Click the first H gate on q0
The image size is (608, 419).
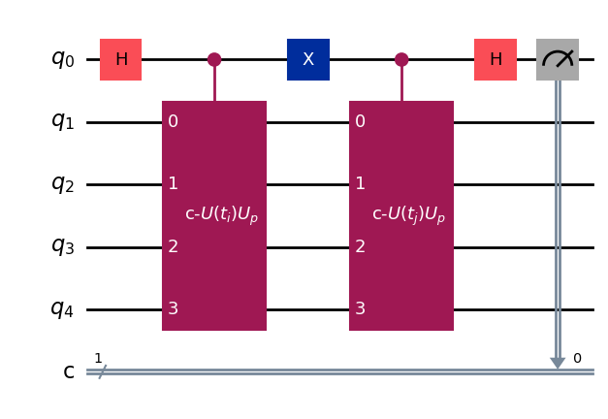[x=121, y=60]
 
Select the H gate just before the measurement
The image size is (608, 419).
[x=496, y=60]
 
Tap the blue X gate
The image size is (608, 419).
[x=308, y=60]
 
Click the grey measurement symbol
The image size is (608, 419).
[x=558, y=60]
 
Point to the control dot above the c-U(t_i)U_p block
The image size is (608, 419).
[x=214, y=60]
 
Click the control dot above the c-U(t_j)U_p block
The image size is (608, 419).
[x=401, y=60]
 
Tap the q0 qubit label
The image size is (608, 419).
[x=63, y=59]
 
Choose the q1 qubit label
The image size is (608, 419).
[x=63, y=122]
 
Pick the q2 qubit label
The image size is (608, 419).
[x=63, y=184]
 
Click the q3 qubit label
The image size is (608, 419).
[x=63, y=246]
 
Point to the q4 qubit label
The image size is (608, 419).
[x=63, y=309]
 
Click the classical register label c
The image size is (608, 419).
[x=69, y=371]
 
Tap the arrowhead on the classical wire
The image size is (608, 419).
[x=558, y=363]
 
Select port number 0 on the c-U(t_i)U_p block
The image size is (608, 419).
[x=173, y=122]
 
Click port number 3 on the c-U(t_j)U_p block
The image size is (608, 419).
[x=360, y=309]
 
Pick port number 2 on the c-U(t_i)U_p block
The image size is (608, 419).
[x=173, y=246]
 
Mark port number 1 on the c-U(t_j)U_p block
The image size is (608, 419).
[x=360, y=184]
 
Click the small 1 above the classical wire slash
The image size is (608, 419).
[x=98, y=358]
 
